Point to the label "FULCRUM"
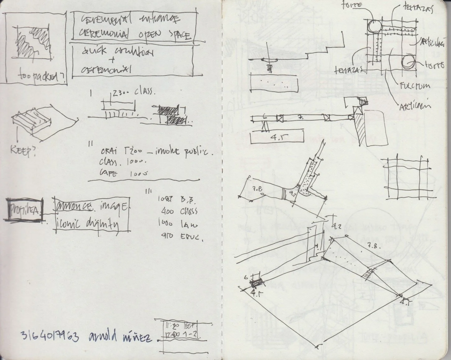pyautogui.click(x=416, y=86)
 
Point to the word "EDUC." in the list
pyautogui.click(x=192, y=238)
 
